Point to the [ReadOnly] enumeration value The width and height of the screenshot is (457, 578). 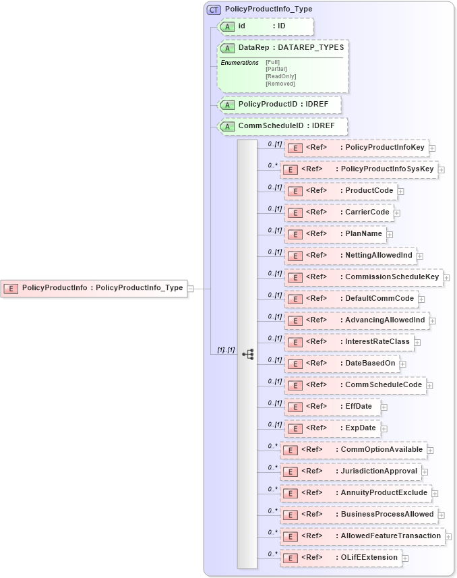[281, 76]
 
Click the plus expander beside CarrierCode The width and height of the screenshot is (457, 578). [397, 213]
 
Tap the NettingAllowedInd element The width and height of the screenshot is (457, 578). [350, 256]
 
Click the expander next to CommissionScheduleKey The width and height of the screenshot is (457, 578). [446, 277]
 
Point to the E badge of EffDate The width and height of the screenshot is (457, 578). [293, 407]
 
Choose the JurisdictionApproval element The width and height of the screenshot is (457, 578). [350, 471]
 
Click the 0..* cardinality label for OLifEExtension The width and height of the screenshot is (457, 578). [273, 554]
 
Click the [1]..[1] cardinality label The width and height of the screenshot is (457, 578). [225, 351]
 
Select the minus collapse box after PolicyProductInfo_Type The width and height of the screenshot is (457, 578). [190, 288]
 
